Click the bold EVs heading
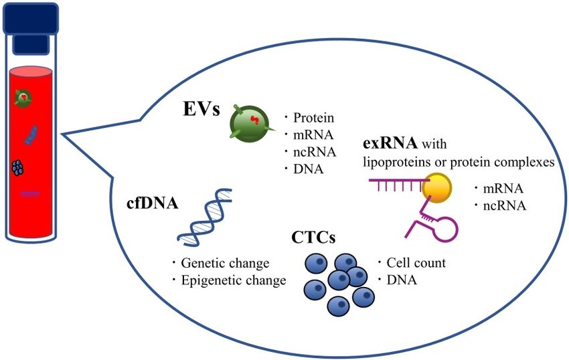[x=201, y=108]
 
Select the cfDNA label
[x=153, y=203]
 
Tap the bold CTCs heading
[x=313, y=238]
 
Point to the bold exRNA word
[x=390, y=143]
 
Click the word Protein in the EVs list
[x=313, y=118]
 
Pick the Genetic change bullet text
[x=225, y=263]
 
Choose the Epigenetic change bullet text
[x=234, y=280]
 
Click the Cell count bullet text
[x=416, y=263]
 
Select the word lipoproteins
[x=396, y=162]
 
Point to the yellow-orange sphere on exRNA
[x=436, y=187]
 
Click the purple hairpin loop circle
[x=446, y=230]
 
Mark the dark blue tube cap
[x=31, y=18]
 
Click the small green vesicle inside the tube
[x=23, y=98]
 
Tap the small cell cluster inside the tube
[x=18, y=168]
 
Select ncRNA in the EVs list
[x=315, y=152]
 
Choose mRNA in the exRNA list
[x=503, y=189]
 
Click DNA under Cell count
[x=402, y=280]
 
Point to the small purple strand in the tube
[x=30, y=194]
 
